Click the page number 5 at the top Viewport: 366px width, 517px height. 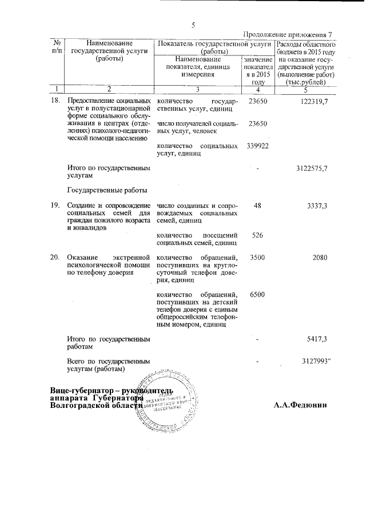coord(193,25)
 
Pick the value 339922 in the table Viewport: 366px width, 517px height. coord(258,146)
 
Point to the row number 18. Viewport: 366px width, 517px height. coord(55,101)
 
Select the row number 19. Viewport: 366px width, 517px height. coord(55,206)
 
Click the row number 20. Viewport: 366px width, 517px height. coord(55,258)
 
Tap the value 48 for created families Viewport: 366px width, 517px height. coord(258,206)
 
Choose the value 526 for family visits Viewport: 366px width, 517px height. coord(258,235)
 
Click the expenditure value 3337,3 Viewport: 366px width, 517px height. coord(317,206)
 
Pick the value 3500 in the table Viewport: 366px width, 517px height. coord(258,258)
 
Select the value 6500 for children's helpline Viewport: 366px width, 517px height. coord(258,295)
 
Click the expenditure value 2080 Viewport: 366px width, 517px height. coord(320,258)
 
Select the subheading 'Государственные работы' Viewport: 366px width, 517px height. coord(108,190)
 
